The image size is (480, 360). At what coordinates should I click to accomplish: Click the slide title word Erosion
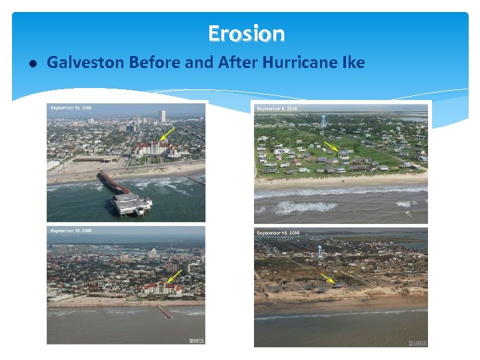click(246, 33)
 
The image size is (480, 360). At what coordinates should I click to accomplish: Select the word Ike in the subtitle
click(353, 63)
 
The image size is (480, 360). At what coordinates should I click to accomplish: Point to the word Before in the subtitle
click(155, 63)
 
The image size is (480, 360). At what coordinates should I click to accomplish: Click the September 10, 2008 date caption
click(71, 107)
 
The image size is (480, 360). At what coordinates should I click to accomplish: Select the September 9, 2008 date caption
click(277, 108)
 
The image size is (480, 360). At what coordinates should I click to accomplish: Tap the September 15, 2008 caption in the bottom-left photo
click(71, 231)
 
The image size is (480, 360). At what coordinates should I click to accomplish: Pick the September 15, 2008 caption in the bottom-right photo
click(278, 233)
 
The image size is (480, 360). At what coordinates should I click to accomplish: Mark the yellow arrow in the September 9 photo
click(331, 147)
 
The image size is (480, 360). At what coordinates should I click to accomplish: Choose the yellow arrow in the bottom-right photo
click(327, 278)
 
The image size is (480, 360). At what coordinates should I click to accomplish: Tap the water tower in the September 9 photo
click(324, 121)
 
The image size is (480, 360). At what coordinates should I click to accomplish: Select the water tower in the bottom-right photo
click(320, 251)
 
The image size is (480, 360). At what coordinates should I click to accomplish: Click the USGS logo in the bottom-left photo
click(196, 341)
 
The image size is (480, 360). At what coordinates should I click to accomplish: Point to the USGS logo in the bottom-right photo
click(419, 343)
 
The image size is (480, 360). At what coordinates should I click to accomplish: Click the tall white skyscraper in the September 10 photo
click(162, 117)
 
